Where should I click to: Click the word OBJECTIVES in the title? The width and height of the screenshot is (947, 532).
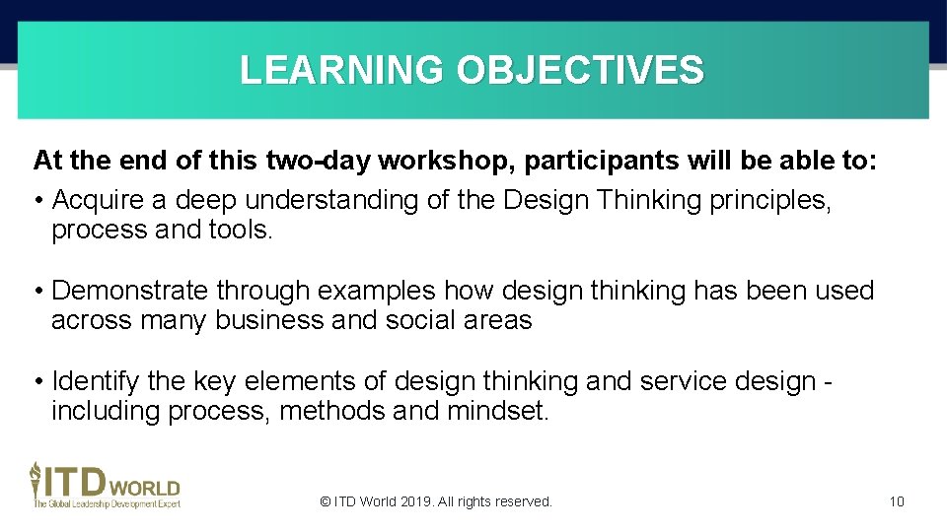point(581,71)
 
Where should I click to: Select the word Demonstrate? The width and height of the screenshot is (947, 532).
point(130,291)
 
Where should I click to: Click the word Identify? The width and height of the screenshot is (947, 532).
point(97,381)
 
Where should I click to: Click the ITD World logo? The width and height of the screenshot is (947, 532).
point(105,485)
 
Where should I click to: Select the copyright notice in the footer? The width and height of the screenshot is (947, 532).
point(436,501)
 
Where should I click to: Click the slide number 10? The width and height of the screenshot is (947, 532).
point(896,501)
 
